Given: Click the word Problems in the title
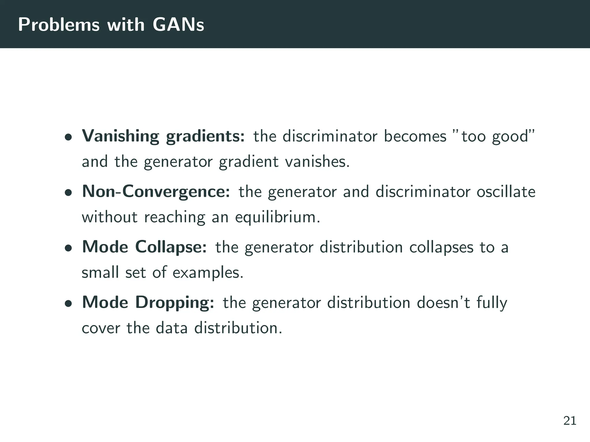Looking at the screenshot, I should [x=58, y=25].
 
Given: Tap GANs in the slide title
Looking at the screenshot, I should [x=178, y=25].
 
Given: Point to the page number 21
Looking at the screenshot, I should [x=570, y=421].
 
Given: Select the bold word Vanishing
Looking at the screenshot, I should [x=120, y=136].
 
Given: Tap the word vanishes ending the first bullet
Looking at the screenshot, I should [x=317, y=161].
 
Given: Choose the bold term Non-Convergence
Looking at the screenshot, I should [x=156, y=191].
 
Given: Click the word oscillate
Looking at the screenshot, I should [x=506, y=191].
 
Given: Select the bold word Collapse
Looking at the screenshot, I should [x=171, y=247].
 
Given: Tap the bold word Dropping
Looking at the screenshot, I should [x=175, y=303].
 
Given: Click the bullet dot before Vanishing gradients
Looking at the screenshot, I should [x=68, y=137].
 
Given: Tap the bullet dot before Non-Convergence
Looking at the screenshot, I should [x=68, y=193].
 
